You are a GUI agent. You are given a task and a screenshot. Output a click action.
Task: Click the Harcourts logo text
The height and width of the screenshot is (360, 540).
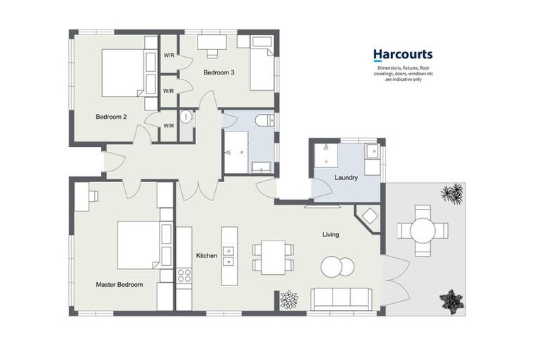(x=402, y=54)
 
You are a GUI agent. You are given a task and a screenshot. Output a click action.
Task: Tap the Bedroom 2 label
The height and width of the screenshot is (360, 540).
(x=111, y=117)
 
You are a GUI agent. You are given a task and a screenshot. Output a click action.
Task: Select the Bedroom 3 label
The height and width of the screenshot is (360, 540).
(x=220, y=72)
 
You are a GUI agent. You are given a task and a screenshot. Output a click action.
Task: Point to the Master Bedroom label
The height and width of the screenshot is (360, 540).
(x=120, y=285)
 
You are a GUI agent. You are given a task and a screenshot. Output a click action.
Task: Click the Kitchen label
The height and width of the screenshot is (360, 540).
(x=207, y=256)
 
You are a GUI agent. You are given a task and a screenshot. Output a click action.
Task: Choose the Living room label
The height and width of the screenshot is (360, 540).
(x=330, y=234)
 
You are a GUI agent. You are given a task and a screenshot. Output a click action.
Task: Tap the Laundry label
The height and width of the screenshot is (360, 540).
(x=346, y=178)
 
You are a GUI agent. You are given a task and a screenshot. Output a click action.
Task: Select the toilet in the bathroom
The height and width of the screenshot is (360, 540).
(x=263, y=120)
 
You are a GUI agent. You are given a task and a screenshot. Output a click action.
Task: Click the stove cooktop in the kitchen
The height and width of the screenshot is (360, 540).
(x=184, y=276)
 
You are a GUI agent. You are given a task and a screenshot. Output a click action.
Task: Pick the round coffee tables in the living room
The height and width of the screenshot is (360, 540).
(x=337, y=266)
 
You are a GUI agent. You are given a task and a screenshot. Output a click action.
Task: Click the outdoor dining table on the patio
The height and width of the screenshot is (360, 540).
(x=422, y=230)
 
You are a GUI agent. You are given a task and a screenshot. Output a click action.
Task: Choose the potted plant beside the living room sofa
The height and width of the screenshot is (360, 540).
(x=288, y=300)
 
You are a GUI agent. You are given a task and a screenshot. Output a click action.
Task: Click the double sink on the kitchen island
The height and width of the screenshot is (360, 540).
(x=229, y=256)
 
